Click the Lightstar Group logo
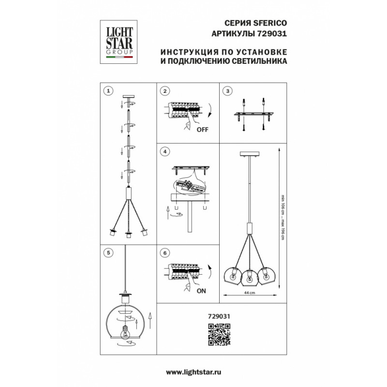119,42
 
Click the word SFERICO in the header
270,23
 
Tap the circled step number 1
108,91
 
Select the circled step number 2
165,91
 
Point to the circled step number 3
227,91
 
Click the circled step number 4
165,151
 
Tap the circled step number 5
108,253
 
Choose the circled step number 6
165,253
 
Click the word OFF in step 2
202,130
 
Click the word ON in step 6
201,291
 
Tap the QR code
219,335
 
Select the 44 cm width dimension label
250,293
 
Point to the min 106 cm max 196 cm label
283,217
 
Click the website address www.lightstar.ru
193,372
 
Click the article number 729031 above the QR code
219,316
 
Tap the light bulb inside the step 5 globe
126,332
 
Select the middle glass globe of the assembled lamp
249,278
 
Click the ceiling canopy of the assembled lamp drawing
250,154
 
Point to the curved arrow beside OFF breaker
210,111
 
